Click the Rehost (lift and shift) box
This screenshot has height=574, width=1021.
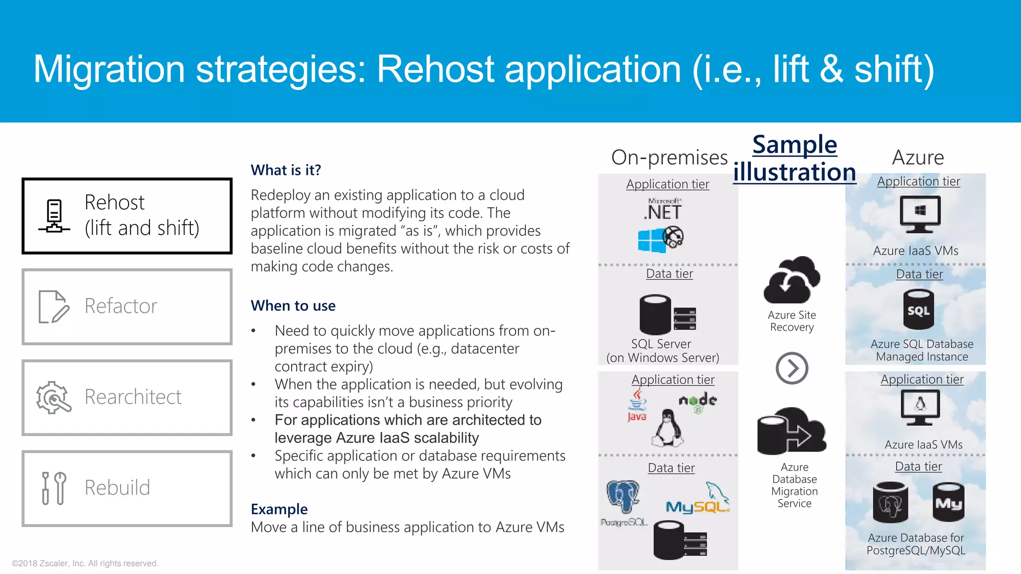point(127,216)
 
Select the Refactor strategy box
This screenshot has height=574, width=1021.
point(127,306)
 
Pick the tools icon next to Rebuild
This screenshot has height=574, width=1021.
point(54,488)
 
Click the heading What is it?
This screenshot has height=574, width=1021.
point(286,170)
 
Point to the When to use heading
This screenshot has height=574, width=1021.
point(293,305)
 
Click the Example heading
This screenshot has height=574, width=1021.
point(279,509)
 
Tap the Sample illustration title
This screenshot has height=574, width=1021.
point(795,158)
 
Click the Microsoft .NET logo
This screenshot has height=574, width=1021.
point(663,210)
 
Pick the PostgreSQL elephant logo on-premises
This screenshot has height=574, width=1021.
point(623,497)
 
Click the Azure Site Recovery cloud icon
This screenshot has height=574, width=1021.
point(792,281)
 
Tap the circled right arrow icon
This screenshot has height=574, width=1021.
point(792,368)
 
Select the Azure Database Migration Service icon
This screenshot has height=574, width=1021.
point(791,431)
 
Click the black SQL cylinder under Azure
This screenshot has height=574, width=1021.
point(918,310)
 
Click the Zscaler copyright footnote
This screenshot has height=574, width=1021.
point(85,563)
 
